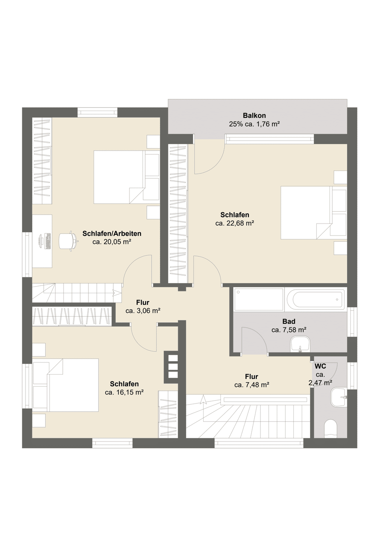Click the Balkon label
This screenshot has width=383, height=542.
click(x=254, y=116)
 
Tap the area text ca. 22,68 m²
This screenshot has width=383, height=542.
click(x=234, y=223)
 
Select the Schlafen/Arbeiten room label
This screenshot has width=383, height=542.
click(x=112, y=233)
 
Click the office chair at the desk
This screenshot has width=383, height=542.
click(x=68, y=241)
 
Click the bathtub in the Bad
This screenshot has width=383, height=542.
click(x=316, y=300)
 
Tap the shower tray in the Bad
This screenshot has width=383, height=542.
click(x=259, y=300)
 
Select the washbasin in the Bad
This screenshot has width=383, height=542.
click(x=300, y=344)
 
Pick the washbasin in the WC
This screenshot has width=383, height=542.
click(x=339, y=397)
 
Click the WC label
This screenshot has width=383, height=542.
click(x=321, y=366)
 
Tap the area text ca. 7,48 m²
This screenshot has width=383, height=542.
click(x=252, y=385)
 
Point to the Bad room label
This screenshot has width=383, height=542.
click(x=289, y=321)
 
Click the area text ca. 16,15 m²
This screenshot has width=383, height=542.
click(x=124, y=392)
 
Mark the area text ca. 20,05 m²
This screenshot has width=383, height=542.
click(x=112, y=242)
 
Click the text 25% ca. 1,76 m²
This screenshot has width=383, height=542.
click(x=254, y=124)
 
